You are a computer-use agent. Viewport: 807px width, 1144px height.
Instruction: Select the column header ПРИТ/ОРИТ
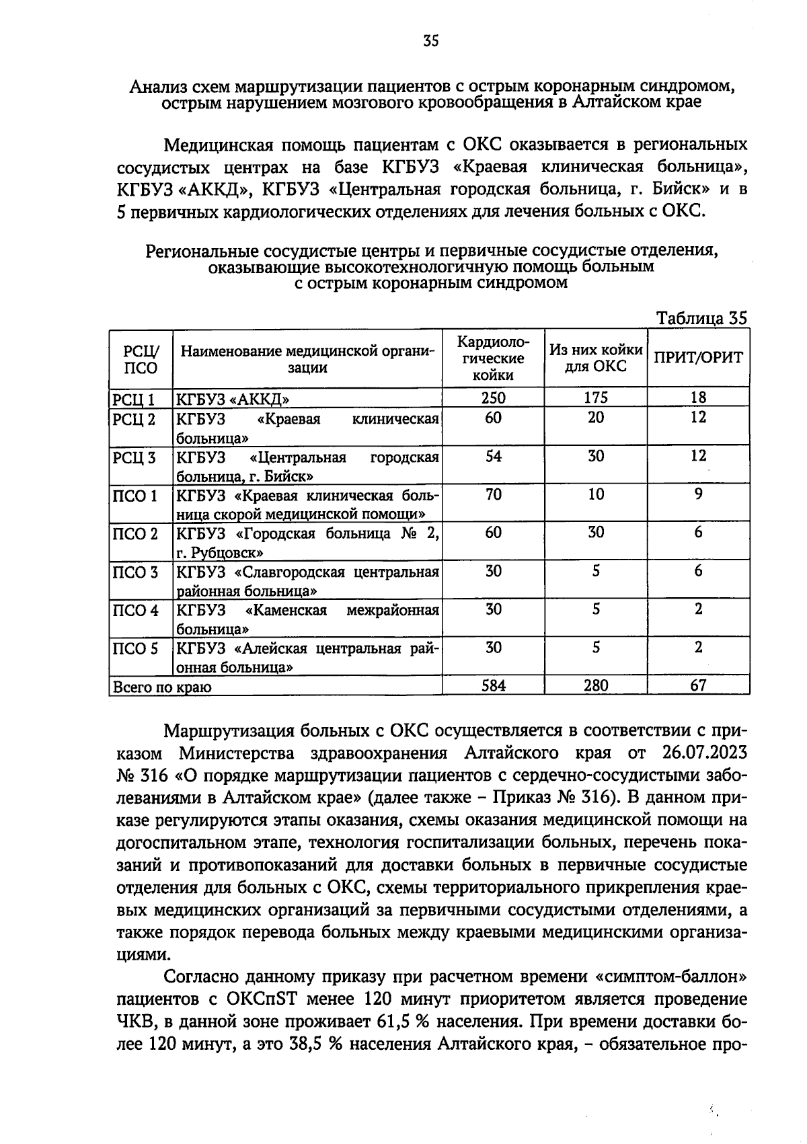click(698, 358)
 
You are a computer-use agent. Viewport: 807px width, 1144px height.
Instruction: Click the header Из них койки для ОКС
click(596, 358)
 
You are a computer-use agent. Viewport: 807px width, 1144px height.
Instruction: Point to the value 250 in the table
click(493, 398)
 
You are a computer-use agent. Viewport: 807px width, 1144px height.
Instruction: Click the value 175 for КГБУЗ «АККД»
click(596, 398)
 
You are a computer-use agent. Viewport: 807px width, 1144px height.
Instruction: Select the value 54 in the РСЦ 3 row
click(493, 457)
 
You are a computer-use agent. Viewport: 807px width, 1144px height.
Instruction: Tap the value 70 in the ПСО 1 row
click(493, 495)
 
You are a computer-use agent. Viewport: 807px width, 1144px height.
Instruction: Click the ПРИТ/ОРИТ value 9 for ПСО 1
click(698, 495)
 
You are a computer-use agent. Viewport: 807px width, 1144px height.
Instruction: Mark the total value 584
click(493, 685)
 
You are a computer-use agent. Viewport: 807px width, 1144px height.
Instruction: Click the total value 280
click(596, 685)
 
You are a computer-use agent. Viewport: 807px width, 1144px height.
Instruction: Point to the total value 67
click(698, 685)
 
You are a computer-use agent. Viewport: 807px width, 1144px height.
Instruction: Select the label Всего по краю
click(162, 687)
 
